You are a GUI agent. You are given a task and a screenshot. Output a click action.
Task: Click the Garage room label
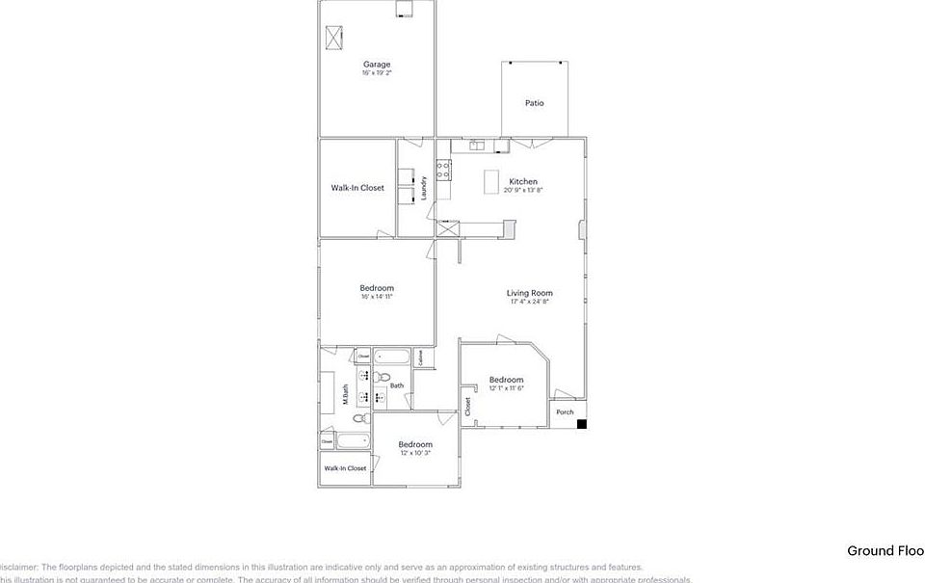[377, 65]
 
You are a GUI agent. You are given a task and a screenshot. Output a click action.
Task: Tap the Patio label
[534, 103]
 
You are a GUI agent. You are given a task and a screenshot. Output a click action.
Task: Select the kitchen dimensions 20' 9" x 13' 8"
[522, 190]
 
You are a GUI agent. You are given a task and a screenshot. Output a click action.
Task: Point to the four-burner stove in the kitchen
[444, 171]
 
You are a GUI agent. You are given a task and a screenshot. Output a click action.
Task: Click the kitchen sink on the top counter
[477, 146]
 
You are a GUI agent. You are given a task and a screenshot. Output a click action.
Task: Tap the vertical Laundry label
[424, 188]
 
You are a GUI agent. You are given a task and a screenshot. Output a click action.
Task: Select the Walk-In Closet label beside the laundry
[357, 188]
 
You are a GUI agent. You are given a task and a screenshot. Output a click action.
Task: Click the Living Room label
[530, 293]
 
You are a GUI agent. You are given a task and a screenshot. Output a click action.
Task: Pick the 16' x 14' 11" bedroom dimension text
[377, 297]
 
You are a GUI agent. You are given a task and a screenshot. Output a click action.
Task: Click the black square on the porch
[582, 422]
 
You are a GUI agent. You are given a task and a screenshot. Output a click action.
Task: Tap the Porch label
[565, 412]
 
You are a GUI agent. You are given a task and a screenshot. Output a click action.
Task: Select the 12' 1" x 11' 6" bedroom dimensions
[506, 388]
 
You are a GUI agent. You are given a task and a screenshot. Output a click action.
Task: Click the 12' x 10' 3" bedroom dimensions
[415, 453]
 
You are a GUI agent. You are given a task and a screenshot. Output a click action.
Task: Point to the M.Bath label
[345, 395]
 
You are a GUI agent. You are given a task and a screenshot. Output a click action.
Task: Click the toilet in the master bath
[358, 418]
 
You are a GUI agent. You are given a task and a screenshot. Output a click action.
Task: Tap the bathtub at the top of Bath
[391, 358]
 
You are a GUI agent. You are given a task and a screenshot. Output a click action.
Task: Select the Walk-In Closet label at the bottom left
[345, 468]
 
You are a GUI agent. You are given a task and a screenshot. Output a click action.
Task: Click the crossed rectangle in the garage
[335, 38]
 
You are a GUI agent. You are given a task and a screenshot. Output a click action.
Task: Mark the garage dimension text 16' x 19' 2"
[377, 73]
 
